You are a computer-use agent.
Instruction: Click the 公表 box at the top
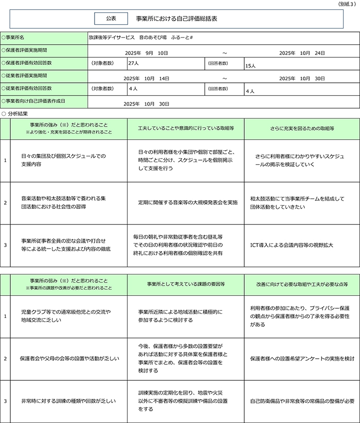[111, 18]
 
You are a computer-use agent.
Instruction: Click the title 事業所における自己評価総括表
[176, 18]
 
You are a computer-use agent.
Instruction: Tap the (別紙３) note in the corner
[347, 4]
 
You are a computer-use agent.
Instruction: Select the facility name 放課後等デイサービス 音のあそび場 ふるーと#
[140, 38]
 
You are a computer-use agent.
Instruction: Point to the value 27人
[133, 63]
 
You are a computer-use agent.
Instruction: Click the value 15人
[250, 65]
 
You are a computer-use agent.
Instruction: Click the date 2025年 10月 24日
[302, 53]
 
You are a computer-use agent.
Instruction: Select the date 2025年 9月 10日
[147, 53]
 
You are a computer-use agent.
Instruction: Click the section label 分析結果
[17, 113]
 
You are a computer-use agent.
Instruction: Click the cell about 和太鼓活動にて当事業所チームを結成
[297, 202]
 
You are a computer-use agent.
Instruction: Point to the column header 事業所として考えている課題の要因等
[186, 284]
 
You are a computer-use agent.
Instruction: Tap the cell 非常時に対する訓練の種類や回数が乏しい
[68, 401]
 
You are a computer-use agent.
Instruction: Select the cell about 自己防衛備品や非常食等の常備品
[302, 401]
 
